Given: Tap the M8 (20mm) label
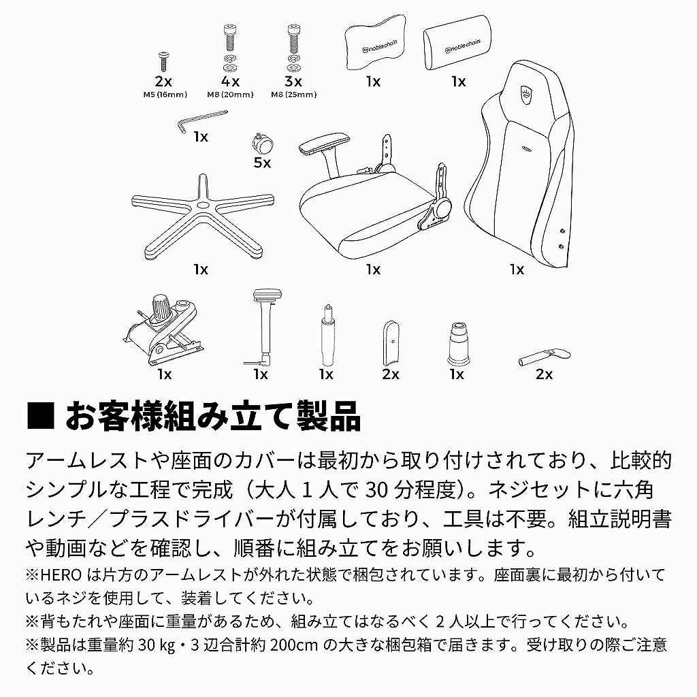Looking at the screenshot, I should [x=229, y=95].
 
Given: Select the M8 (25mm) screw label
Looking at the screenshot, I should [x=293, y=95].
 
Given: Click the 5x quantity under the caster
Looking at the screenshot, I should [x=262, y=163].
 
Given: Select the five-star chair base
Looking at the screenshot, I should [x=202, y=214].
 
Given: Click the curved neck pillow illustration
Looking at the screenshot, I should [x=372, y=46].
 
